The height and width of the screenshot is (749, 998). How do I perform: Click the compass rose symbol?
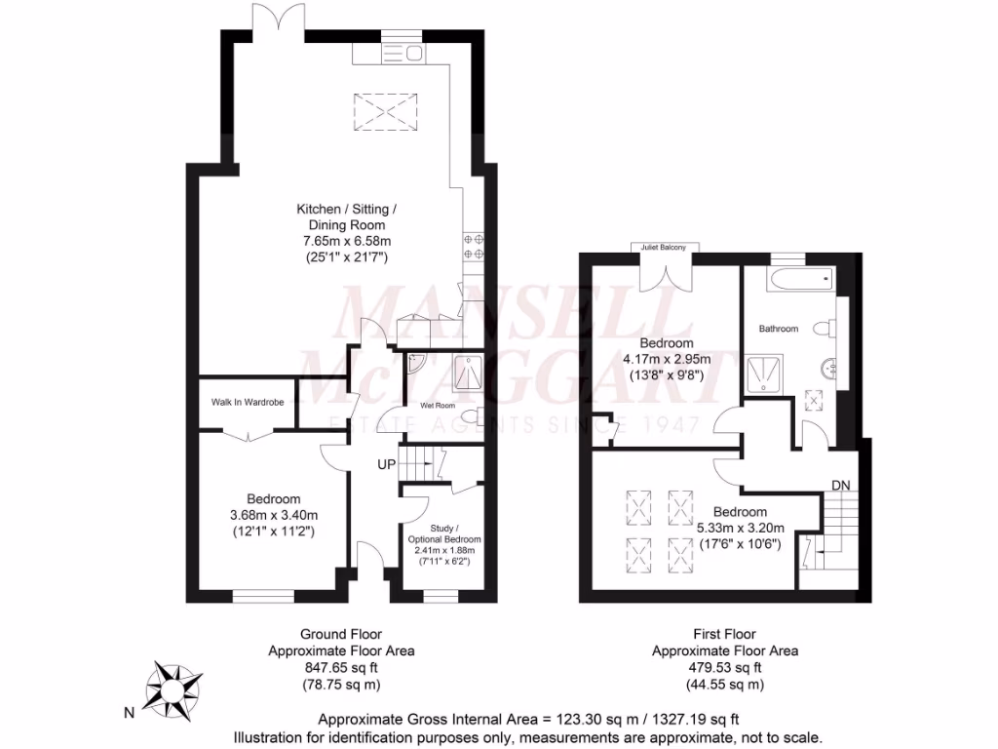pos(175,687)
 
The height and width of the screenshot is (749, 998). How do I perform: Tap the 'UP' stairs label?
pos(387,464)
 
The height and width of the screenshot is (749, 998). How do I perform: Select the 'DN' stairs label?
pos(840,485)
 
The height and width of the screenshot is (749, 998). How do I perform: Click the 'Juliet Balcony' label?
pos(663,248)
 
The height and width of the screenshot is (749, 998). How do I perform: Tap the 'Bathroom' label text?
pos(779,329)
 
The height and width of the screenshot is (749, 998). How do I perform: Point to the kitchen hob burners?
pos(474,245)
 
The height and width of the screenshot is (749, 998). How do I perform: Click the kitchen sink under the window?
pos(401,54)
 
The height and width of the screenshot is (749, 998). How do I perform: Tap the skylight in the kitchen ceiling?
pos(381,109)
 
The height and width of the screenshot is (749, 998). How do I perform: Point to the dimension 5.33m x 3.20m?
pos(748,529)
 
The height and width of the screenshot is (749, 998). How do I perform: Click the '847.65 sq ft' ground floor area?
pos(340,668)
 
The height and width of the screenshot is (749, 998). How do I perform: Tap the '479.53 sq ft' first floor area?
pos(724,668)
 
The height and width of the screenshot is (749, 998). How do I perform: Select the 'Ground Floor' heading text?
pos(340,634)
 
